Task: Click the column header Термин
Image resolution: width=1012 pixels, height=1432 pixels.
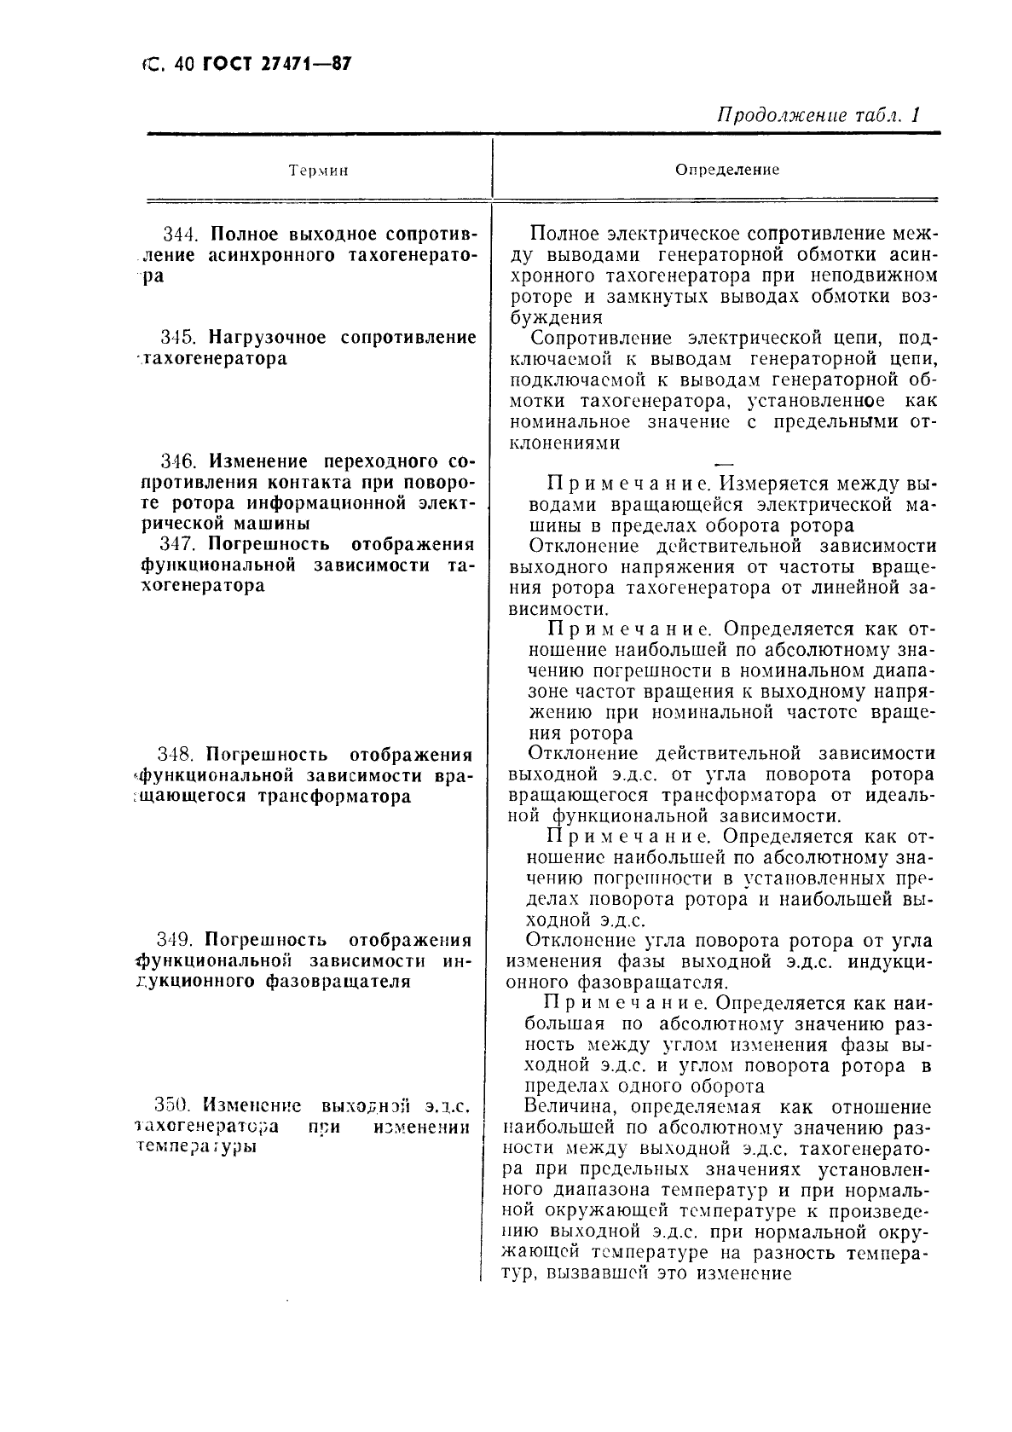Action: tap(319, 171)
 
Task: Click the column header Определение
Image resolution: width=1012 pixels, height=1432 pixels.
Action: tap(727, 170)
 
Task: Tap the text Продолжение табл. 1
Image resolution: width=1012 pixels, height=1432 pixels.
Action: tap(819, 115)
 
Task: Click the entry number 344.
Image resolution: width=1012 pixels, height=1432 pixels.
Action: tap(182, 235)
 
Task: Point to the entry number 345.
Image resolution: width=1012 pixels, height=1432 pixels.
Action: tap(182, 338)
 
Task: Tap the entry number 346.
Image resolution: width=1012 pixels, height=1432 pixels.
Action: tap(182, 461)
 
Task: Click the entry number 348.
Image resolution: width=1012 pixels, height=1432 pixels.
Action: tap(178, 755)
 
